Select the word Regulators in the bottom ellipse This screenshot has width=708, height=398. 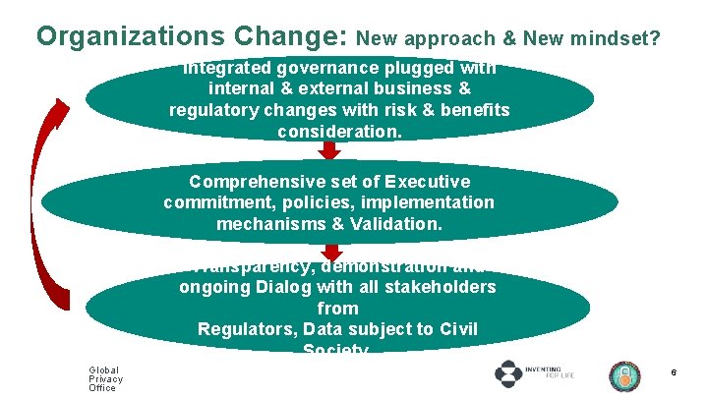(x=249, y=328)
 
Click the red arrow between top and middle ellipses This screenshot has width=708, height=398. (x=329, y=151)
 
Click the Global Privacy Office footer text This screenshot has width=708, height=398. (x=105, y=379)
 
